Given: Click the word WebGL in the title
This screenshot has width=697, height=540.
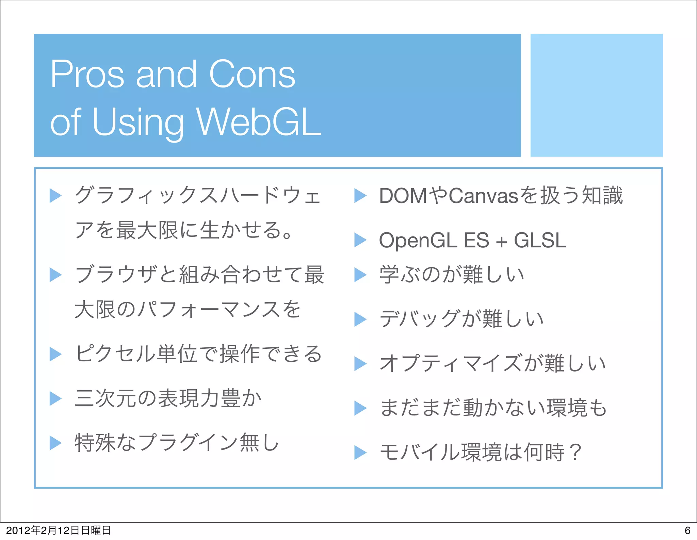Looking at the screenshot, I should [x=259, y=121].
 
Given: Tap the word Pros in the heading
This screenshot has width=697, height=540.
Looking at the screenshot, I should [x=87, y=74].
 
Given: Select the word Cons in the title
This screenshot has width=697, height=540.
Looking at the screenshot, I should [x=252, y=74].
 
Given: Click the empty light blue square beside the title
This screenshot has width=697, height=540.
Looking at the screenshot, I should [x=596, y=95].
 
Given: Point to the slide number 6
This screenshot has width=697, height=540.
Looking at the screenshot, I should [x=687, y=530].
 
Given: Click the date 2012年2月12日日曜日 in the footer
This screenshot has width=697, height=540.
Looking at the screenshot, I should [x=58, y=530].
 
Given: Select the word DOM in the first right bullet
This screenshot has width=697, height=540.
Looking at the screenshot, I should [x=403, y=196].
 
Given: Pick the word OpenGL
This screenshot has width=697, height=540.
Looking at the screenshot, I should [x=418, y=241].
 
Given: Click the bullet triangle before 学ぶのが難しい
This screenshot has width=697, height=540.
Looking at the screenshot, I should [x=360, y=275].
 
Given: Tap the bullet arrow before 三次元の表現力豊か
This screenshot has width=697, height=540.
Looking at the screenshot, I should [x=55, y=398].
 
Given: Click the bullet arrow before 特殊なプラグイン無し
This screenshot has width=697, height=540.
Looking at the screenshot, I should [x=55, y=443].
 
